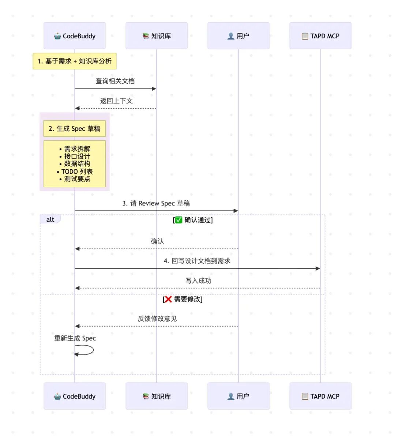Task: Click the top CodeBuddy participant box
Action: [x=75, y=36]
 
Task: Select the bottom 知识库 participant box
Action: [x=157, y=396]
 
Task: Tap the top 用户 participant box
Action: [x=238, y=36]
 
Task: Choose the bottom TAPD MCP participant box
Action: [x=320, y=396]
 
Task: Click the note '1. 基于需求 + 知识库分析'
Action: [x=75, y=61]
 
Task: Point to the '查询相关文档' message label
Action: [x=115, y=81]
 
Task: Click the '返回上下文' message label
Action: [x=116, y=101]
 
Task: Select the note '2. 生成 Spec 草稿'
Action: [x=75, y=129]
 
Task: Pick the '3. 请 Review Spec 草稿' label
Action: [x=156, y=203]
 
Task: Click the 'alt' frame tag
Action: [x=50, y=219]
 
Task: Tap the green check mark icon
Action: [x=178, y=220]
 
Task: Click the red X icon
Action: [x=168, y=299]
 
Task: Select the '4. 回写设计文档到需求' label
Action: [x=197, y=261]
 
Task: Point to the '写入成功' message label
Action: [x=198, y=281]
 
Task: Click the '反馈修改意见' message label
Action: [x=157, y=319]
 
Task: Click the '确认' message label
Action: [x=157, y=241]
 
